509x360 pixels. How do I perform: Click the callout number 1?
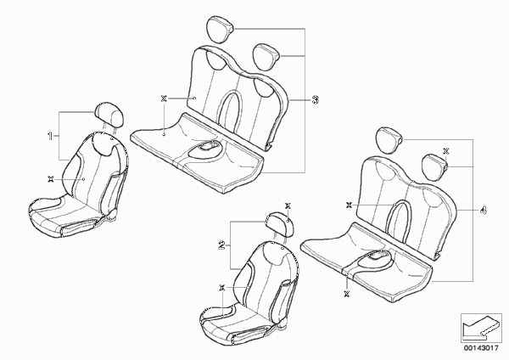click(50, 136)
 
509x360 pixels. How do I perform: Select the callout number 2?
click(221, 245)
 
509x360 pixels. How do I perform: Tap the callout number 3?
click(315, 99)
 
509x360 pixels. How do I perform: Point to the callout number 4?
click(483, 211)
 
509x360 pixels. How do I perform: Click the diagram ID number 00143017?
click(481, 348)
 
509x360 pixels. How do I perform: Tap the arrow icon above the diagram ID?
click(481, 328)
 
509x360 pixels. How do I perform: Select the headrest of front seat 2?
click(280, 224)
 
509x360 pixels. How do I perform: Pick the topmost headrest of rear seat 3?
click(220, 29)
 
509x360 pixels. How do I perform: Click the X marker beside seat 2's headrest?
click(288, 206)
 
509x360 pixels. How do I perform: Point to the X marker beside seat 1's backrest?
click(50, 178)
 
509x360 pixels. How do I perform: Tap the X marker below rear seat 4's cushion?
click(347, 294)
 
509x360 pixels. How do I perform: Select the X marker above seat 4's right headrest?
click(446, 151)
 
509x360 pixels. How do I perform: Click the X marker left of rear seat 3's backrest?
click(164, 98)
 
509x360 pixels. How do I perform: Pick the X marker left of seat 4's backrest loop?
click(349, 205)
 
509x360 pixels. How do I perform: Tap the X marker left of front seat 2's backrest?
click(222, 288)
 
